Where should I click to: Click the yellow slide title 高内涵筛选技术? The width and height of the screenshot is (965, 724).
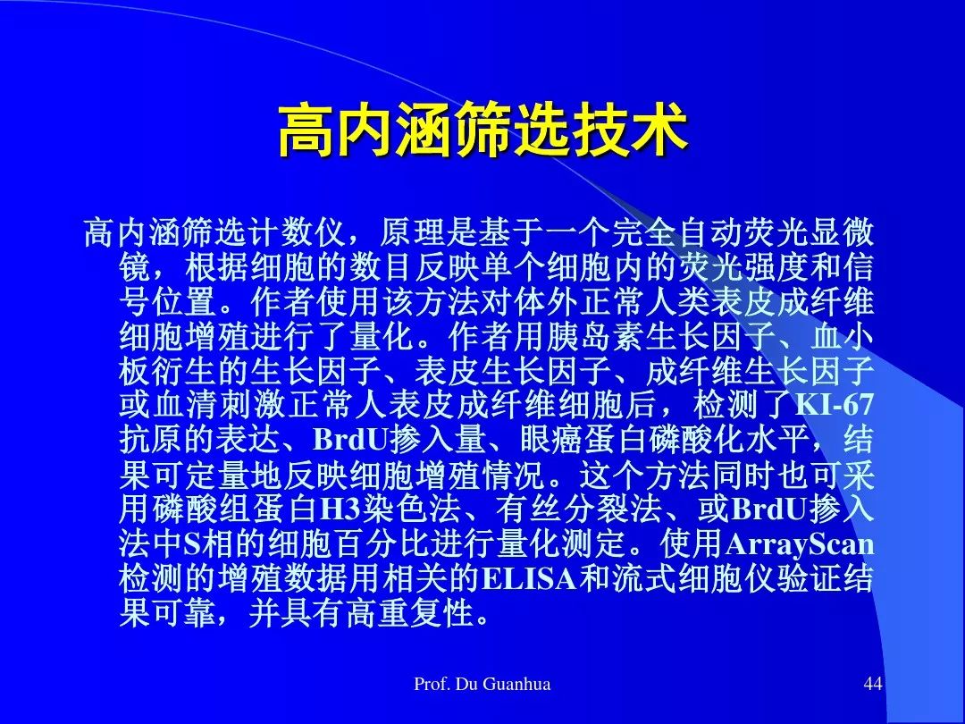[x=482, y=130]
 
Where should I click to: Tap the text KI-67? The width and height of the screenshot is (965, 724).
[x=834, y=405]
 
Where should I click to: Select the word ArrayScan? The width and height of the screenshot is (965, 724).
[x=800, y=544]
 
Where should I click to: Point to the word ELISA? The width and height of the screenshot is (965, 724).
[x=529, y=578]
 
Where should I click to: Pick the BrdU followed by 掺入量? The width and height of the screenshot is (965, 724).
[x=351, y=440]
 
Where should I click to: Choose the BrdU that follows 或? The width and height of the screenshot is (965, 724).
[x=769, y=509]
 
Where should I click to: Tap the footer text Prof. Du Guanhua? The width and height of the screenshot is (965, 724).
[x=482, y=684]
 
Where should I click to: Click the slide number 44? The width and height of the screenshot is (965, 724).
[x=873, y=684]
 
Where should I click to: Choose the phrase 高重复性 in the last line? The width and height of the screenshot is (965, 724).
[x=410, y=613]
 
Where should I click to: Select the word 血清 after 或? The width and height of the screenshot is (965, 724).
[x=184, y=405]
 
